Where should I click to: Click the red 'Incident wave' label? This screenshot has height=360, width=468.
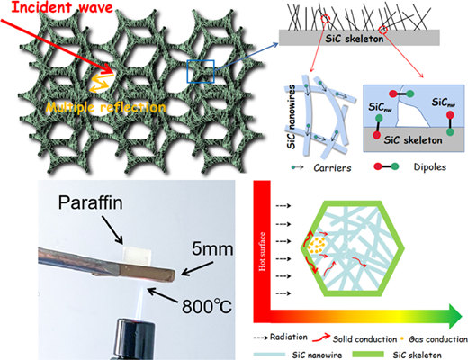point(62,6)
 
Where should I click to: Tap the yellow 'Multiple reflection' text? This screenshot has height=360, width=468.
point(106,107)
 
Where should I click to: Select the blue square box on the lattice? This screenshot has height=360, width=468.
point(201,71)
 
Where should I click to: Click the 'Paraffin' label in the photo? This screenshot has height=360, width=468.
point(90,202)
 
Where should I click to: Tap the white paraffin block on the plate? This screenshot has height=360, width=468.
point(137,255)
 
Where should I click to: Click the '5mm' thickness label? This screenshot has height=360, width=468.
point(212,249)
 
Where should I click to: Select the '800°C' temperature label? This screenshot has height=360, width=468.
point(207,306)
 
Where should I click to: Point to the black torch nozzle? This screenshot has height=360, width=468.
point(135,339)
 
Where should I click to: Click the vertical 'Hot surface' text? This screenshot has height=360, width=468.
point(262,251)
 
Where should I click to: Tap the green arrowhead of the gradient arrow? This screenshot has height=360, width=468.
point(455,316)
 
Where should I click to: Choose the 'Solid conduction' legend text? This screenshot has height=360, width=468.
point(364,339)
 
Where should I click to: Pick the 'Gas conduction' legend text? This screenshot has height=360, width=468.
point(438,339)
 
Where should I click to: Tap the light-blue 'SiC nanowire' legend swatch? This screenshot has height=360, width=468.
point(269,355)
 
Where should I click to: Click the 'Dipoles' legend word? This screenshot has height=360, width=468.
point(430,166)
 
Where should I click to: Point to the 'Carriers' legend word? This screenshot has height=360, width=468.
point(332,167)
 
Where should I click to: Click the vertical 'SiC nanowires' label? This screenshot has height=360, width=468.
point(292,117)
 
